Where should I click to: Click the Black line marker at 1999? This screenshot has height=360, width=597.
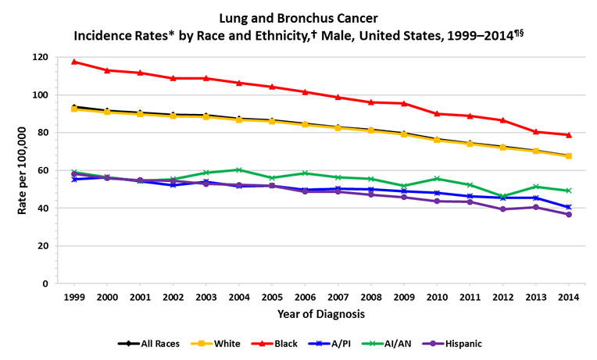73,62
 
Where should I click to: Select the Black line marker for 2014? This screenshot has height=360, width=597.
569,135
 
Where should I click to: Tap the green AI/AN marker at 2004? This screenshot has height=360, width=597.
238,169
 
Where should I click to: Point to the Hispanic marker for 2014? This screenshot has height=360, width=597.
569,214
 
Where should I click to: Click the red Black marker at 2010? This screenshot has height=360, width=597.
437,114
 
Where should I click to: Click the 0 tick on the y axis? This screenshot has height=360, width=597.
45,283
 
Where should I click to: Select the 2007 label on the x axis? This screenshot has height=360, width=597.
338,298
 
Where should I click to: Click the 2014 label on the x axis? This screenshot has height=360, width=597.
569,298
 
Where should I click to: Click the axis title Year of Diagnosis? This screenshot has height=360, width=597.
320,314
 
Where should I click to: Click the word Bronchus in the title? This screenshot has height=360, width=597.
298,16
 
